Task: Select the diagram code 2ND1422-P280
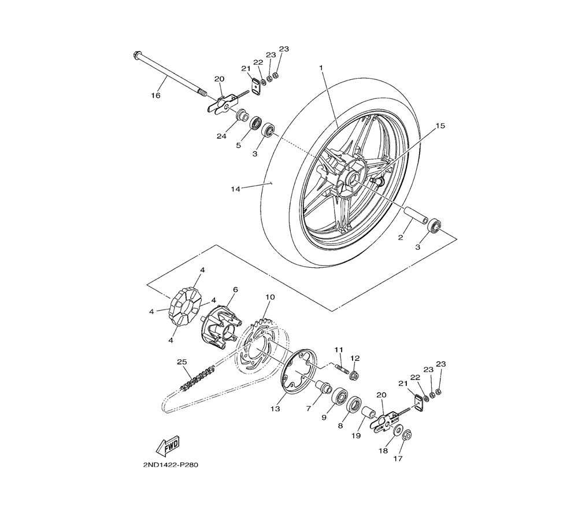pos(171,464)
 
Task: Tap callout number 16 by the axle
pos(155,95)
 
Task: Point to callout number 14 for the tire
pos(235,189)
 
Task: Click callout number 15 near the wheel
pos(440,126)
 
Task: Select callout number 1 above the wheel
pos(321,68)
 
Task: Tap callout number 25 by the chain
pos(182,362)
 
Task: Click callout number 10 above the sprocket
pos(270,297)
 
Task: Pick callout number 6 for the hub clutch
pos(236,290)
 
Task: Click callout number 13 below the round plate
pos(275,409)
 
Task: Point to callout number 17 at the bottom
pos(398,459)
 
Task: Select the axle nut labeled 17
pos(407,435)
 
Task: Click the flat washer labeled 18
pos(398,430)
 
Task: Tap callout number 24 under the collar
pos(221,136)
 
